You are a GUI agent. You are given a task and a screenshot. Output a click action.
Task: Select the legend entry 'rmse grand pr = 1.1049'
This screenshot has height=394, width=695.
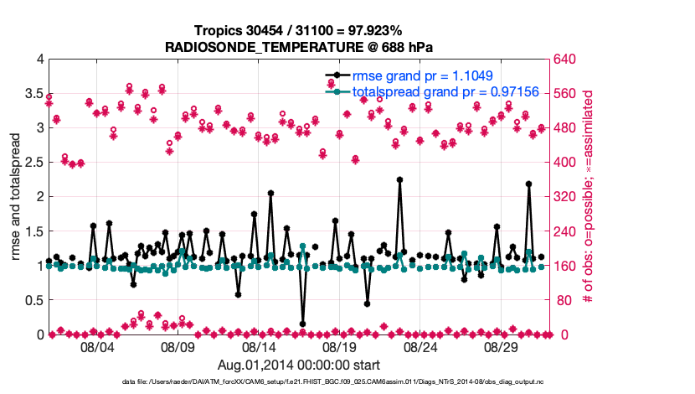pos(420,75)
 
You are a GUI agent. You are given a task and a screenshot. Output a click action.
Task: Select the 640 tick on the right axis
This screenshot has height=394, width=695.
pos(564,59)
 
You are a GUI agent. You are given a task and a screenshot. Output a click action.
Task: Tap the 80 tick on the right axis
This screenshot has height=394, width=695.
pos(560,300)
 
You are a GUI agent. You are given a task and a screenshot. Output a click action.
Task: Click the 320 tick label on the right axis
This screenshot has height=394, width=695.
pos(564,197)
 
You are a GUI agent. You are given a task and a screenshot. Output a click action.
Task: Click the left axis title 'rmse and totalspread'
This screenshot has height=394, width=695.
pos(17,196)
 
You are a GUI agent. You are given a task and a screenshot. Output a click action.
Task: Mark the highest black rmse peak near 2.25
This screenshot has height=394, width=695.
pos(400,179)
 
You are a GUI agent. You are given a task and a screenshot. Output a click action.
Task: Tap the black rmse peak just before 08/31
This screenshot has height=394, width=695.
pos(528,184)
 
